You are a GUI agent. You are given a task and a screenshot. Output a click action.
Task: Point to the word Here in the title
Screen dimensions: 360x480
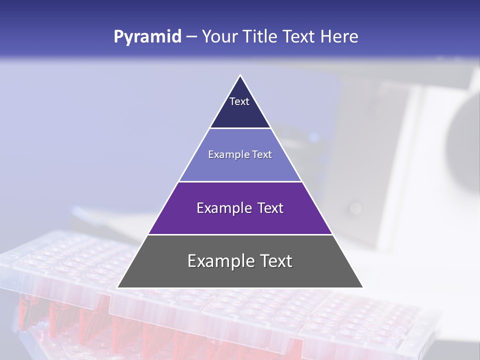[340, 36]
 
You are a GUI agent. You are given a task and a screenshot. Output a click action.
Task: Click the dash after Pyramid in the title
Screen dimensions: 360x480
[191, 37]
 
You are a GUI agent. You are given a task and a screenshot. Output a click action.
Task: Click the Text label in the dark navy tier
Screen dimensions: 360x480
[239, 101]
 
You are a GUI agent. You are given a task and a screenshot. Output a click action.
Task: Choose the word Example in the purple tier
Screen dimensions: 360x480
[223, 208]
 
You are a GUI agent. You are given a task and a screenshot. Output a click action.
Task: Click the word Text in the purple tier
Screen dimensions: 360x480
[269, 208]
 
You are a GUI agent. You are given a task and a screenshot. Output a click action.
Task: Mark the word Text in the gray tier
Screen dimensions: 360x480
[275, 261]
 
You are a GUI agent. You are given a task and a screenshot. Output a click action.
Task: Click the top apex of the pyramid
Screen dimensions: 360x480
[240, 75]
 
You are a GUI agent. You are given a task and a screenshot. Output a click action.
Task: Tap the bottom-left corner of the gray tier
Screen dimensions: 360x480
[118, 287]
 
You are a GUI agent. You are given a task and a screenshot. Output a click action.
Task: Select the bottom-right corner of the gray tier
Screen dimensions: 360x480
[362, 287]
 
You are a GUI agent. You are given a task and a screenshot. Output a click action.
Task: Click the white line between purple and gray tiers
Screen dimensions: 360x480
[240, 234]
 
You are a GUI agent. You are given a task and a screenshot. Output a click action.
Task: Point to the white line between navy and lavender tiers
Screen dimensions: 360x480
[240, 128]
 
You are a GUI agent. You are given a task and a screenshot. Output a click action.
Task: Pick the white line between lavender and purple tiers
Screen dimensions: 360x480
[240, 181]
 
